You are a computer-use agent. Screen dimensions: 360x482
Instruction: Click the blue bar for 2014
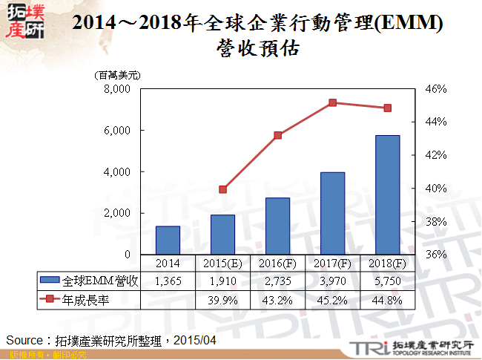(x=168, y=240)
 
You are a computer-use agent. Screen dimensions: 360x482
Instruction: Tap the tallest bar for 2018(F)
(x=387, y=194)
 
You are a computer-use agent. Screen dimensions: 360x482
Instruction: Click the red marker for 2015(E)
(x=222, y=189)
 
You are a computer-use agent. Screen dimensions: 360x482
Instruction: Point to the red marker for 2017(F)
(x=332, y=103)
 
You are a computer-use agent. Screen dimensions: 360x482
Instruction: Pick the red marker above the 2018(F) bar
(x=387, y=108)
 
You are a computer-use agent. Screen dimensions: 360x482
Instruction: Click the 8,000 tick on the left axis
(x=118, y=89)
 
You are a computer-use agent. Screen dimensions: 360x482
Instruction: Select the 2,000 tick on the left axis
(x=118, y=213)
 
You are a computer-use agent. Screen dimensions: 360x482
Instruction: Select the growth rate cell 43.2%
(x=277, y=300)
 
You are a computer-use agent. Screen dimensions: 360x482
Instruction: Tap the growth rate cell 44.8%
(x=387, y=300)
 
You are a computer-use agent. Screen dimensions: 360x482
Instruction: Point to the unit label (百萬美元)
(x=117, y=75)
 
